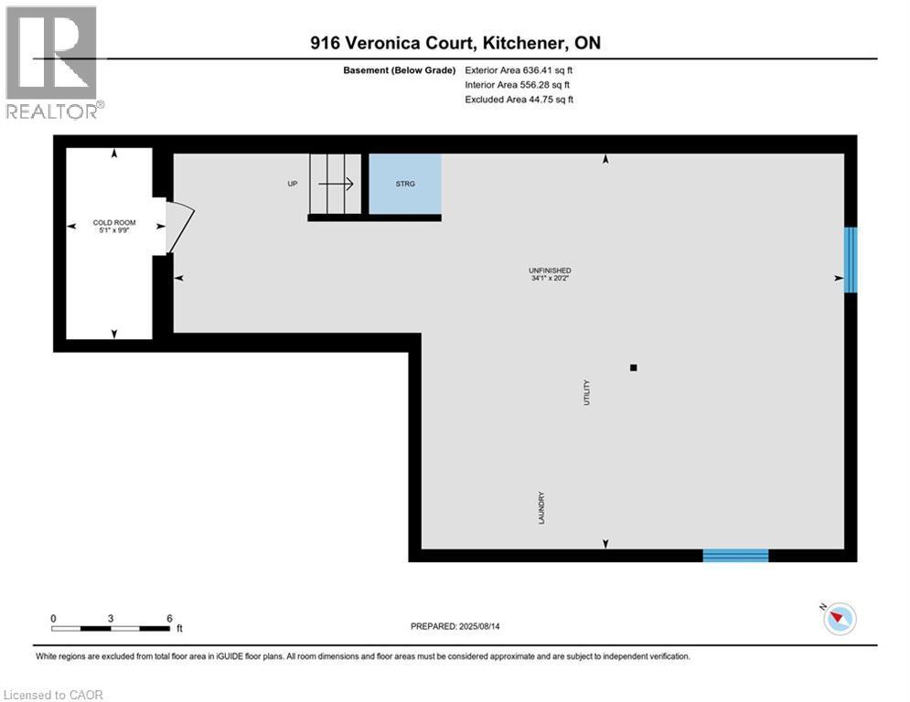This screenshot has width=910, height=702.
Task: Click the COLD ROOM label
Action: (x=114, y=222)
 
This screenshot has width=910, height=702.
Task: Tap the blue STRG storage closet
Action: (x=405, y=185)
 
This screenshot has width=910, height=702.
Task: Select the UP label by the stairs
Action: (x=293, y=184)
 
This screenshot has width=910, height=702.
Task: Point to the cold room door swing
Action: (x=179, y=227)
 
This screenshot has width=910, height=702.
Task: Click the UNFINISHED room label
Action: (x=550, y=271)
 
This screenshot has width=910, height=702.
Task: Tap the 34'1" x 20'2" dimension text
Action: (x=550, y=280)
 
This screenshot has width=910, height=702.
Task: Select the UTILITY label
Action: (x=587, y=392)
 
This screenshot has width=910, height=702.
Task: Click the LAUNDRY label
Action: (x=541, y=508)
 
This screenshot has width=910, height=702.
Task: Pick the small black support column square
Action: (x=633, y=367)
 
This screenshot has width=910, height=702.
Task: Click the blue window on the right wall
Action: (x=851, y=260)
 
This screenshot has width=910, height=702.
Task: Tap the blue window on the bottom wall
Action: (x=735, y=555)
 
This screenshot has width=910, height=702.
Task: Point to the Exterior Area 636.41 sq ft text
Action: (x=519, y=69)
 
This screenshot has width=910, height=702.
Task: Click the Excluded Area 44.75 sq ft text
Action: (x=519, y=100)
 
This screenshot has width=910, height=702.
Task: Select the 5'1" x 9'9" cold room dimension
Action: (x=114, y=230)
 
